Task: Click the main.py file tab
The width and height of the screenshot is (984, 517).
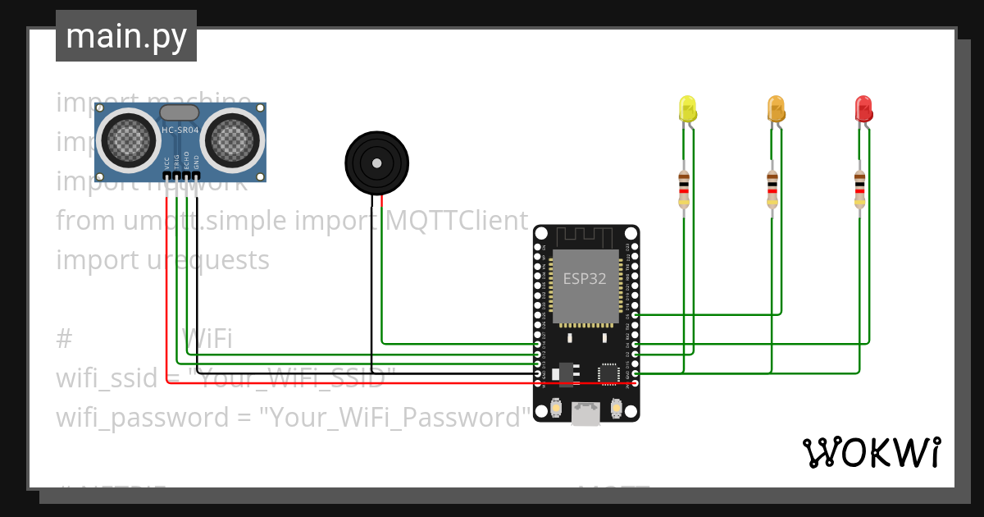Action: tap(125, 36)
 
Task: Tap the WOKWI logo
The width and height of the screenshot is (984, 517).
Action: tap(871, 452)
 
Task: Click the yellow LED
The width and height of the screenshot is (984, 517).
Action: tap(687, 109)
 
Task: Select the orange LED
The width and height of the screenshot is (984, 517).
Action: tap(775, 109)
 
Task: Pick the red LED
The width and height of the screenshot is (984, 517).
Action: tap(863, 109)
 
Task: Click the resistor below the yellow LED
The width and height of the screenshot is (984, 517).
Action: tap(684, 189)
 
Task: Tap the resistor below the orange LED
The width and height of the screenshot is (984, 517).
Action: tap(772, 189)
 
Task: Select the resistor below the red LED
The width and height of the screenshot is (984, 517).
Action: tap(859, 189)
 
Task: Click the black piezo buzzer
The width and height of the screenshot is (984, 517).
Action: tap(376, 162)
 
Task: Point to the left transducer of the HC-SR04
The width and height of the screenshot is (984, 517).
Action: tap(132, 137)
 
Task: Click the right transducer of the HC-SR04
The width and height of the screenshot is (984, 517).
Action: tap(234, 137)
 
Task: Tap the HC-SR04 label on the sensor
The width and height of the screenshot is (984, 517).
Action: tap(180, 130)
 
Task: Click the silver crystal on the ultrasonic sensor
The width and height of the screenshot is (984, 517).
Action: tap(180, 113)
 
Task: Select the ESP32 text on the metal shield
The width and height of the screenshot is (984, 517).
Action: tap(584, 278)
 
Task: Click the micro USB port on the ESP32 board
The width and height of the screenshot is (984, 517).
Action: tap(585, 414)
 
